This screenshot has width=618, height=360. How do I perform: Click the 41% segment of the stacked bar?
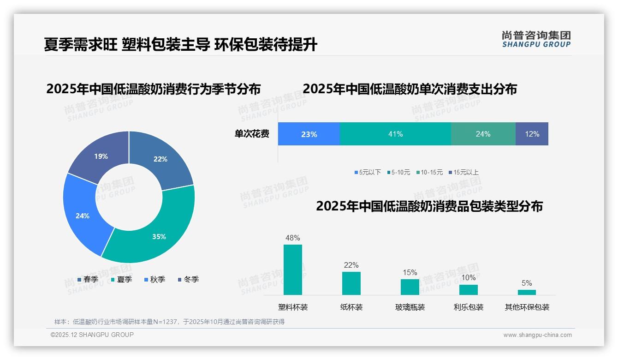(x=395, y=134)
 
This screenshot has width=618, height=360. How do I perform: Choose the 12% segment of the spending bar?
(x=532, y=134)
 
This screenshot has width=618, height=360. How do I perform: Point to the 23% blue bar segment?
(x=309, y=134)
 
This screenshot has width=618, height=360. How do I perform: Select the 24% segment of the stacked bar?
(x=483, y=134)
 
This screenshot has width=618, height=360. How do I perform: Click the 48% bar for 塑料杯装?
(x=293, y=270)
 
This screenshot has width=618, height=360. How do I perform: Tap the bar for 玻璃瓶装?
(x=410, y=287)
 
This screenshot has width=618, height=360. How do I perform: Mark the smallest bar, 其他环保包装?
(x=527, y=292)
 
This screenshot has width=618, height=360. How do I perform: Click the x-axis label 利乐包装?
(x=469, y=307)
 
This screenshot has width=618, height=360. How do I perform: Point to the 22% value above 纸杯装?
(x=351, y=265)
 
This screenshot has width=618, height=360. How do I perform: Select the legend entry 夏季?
(x=124, y=279)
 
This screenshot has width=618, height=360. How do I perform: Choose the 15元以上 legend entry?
(x=466, y=172)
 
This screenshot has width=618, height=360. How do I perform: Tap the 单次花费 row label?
(x=252, y=134)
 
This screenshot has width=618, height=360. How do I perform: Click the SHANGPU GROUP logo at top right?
(x=536, y=39)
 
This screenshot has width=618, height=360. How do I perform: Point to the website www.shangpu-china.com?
(x=537, y=335)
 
